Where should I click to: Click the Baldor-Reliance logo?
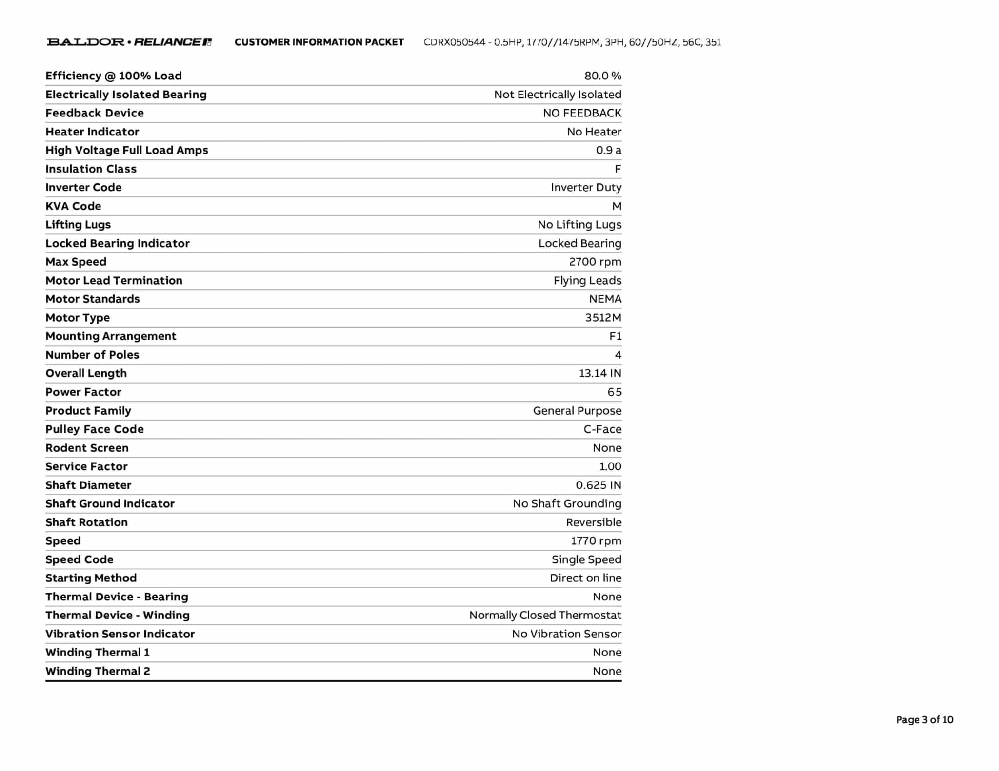[x=129, y=42]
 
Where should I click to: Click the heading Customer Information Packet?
[x=319, y=42]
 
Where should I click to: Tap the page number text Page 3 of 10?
[x=924, y=720]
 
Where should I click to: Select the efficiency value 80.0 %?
[x=602, y=76]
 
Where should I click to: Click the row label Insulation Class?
[x=91, y=169]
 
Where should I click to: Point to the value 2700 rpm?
[x=595, y=262]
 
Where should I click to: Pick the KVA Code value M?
[x=617, y=206]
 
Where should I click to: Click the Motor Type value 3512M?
[x=603, y=318]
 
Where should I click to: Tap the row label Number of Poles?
[x=92, y=355]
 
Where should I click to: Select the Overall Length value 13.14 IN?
[x=599, y=374]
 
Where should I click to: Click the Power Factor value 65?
[x=614, y=392]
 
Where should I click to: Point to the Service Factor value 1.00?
[x=610, y=467]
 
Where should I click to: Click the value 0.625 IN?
[x=598, y=485]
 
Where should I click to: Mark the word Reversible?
[x=593, y=522]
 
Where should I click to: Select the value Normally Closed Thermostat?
[x=545, y=616]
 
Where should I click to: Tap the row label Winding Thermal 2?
[x=98, y=672]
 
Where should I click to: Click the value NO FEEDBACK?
[x=582, y=113]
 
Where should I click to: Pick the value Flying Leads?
[x=587, y=281]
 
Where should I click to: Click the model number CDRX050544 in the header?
[x=454, y=42]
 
